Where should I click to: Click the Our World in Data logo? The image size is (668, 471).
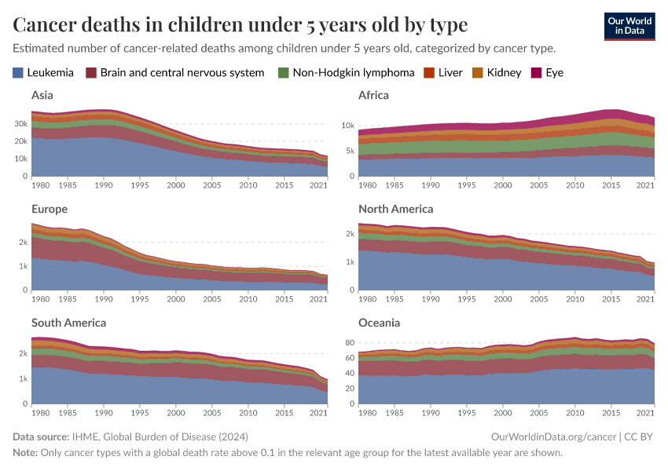tap(629, 26)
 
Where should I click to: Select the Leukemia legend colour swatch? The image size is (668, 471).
tap(18, 73)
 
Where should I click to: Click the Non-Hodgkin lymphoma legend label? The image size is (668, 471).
tap(353, 73)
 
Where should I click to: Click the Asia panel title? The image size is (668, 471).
tap(42, 95)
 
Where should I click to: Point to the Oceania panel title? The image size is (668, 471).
tap(379, 323)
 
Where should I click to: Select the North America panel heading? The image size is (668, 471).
tap(395, 209)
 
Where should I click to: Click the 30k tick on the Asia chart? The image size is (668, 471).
tap(20, 124)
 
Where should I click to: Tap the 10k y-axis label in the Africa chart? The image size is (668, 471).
tap(348, 126)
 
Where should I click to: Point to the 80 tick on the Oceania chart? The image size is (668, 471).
tap(351, 343)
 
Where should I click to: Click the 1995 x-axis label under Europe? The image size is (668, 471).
tap(140, 298)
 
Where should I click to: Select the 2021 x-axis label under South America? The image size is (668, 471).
tap(318, 412)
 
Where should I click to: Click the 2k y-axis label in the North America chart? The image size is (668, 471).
tap(350, 235)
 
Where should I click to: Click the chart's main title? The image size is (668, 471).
tap(240, 25)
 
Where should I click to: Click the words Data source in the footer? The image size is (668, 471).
tap(41, 436)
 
